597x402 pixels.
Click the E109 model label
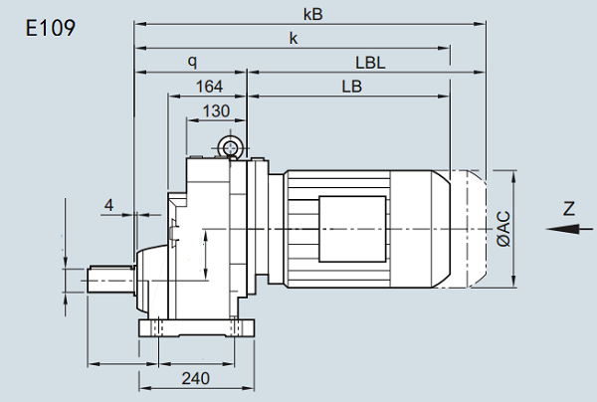[x=49, y=27]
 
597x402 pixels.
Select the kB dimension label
[x=317, y=15]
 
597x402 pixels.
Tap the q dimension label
[x=191, y=62]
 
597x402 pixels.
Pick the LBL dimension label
[x=370, y=62]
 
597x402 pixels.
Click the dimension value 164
[x=209, y=87]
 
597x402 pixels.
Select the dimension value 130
[x=215, y=109]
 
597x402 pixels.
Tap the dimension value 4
[x=109, y=205]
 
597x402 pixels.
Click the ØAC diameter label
[x=503, y=230]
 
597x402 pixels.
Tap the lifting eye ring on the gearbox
[x=232, y=149]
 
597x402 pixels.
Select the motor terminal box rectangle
[x=351, y=230]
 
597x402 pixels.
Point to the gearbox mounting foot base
[x=197, y=328]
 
